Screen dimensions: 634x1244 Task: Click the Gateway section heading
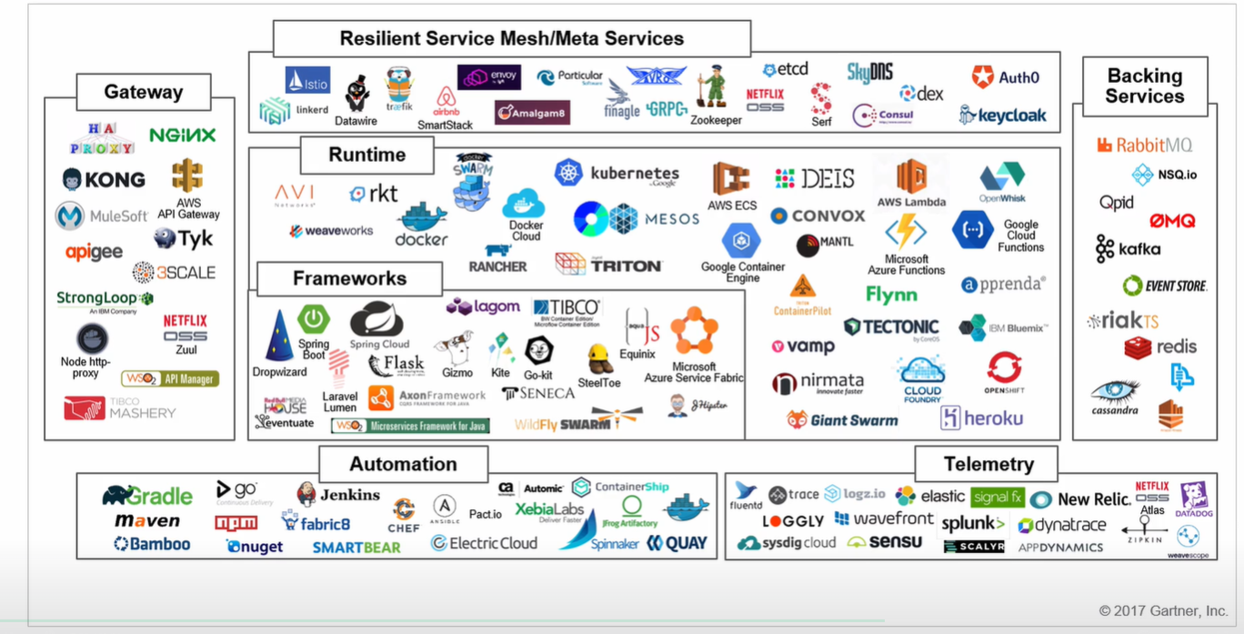143,92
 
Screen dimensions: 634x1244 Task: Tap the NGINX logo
182,135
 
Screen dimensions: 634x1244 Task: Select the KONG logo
104,179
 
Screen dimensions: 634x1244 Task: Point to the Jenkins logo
338,495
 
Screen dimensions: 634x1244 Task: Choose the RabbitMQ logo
1143,145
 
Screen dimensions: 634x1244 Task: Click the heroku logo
981,418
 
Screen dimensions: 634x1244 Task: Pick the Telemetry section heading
988,464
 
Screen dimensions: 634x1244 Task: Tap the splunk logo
972,524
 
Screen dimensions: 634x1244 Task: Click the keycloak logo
1002,116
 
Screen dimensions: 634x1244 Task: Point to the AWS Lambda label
911,201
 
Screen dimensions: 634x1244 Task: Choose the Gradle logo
147,496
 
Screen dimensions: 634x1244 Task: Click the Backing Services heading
1144,86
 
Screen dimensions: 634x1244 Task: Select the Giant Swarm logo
842,419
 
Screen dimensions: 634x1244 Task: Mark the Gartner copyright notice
1163,610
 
